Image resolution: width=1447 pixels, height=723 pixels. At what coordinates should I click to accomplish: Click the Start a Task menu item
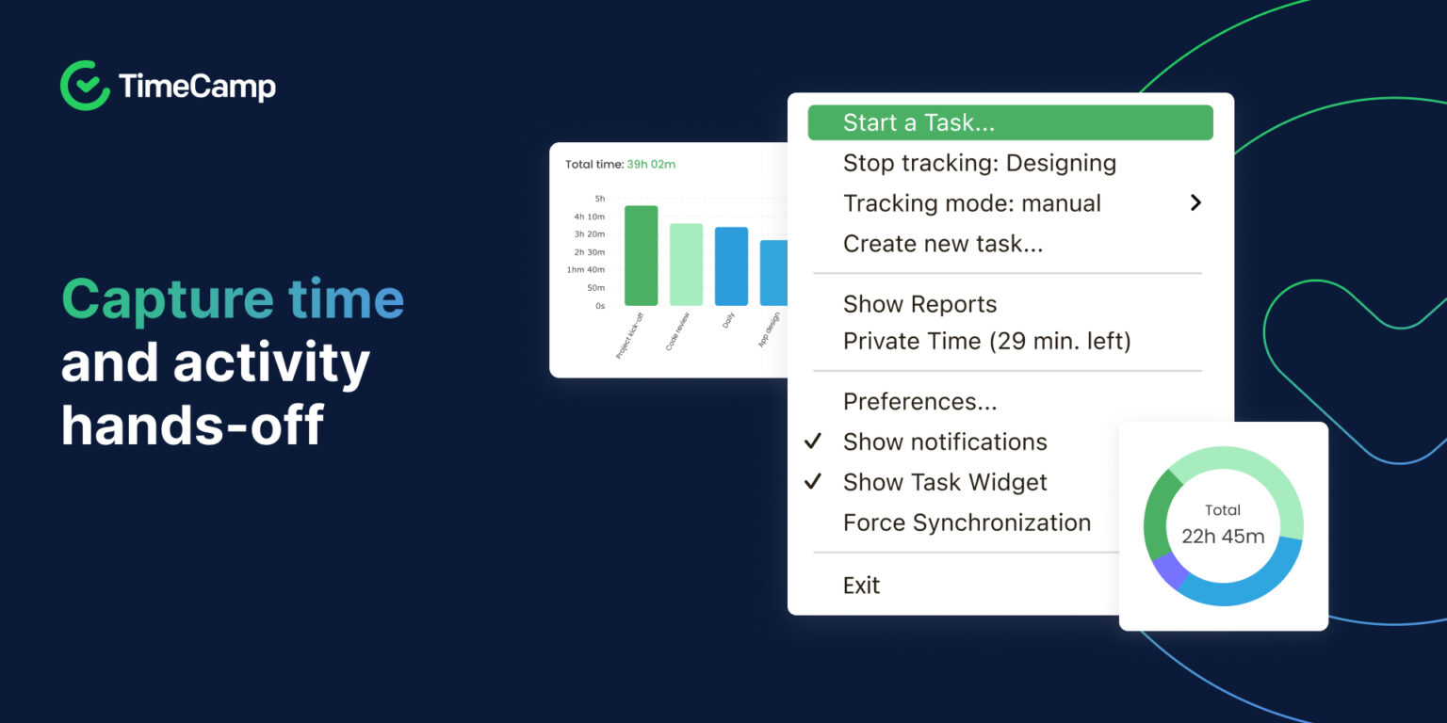(919, 123)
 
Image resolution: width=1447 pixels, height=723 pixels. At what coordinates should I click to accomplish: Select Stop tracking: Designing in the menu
(979, 163)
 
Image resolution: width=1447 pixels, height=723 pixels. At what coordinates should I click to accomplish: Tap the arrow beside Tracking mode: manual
(1195, 202)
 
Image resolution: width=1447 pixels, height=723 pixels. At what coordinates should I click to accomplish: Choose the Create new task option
(942, 244)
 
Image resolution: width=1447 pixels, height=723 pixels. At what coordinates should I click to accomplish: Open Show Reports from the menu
(919, 304)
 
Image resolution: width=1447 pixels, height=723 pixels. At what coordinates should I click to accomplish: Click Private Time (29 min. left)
(986, 341)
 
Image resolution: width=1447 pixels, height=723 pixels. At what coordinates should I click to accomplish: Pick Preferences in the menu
(919, 402)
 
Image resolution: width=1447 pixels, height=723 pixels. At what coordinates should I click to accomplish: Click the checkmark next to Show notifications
(813, 442)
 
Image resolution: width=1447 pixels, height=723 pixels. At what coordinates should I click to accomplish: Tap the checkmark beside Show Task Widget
(813, 482)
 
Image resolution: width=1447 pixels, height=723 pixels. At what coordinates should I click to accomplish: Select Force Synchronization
(967, 522)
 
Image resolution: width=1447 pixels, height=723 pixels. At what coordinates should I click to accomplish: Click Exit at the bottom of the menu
(861, 586)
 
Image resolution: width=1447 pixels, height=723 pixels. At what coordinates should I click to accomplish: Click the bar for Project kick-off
(641, 256)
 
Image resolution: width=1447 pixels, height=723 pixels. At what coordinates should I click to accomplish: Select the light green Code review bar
(686, 265)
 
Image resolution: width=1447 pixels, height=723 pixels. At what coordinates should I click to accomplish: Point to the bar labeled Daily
(731, 266)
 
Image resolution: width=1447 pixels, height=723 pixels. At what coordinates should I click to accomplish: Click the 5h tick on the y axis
(599, 199)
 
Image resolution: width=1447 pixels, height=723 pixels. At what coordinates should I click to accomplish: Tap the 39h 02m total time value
(651, 165)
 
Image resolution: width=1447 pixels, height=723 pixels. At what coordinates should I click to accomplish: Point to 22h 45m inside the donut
(1223, 537)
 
